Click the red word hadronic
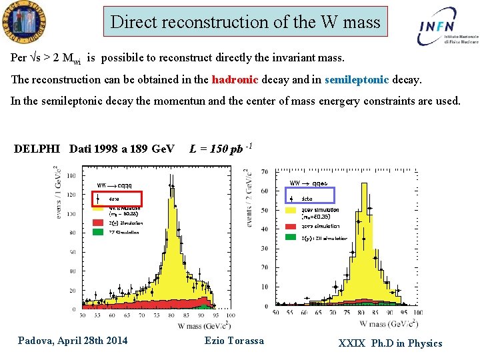(235, 80)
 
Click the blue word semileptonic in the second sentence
(357, 80)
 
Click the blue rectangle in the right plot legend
(310, 195)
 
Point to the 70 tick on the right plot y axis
(265, 172)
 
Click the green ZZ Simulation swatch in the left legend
(96, 233)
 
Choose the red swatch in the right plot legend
(291, 226)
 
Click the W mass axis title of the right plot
(388, 323)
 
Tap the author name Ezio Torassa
(234, 341)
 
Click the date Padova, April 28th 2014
(73, 341)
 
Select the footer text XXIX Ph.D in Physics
(390, 343)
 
